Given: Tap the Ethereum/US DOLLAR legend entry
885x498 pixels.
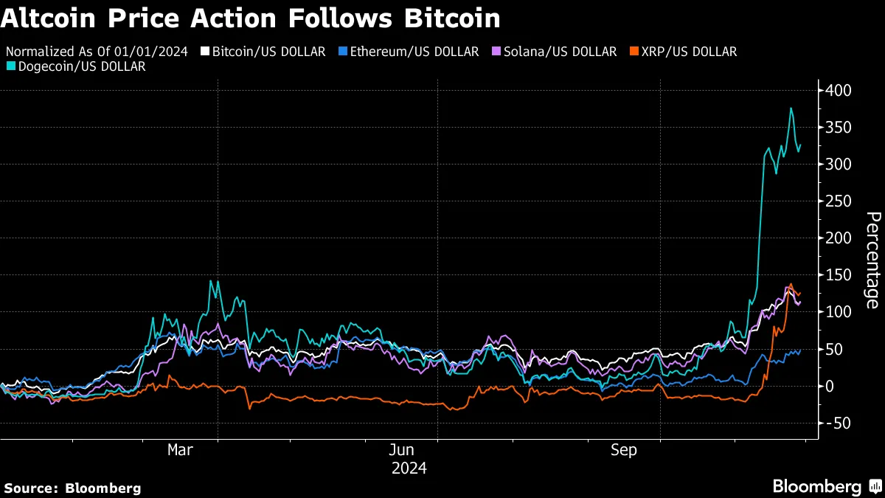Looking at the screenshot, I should [409, 52].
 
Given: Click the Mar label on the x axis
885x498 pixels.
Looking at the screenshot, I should [181, 450].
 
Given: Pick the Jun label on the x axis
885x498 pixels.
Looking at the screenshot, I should [402, 450].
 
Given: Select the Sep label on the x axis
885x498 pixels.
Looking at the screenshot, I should [624, 450].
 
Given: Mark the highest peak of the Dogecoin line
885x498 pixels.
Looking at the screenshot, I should [791, 108].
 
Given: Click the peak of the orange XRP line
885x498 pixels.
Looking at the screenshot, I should [791, 284].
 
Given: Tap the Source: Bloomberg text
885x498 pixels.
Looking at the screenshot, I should [72, 488].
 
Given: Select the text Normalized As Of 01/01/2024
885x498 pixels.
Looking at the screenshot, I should [97, 52].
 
